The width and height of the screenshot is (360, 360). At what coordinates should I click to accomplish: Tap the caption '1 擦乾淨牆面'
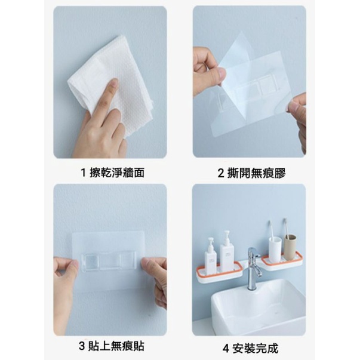click(x=112, y=173)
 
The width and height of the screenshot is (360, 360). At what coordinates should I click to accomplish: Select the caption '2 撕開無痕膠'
click(x=251, y=173)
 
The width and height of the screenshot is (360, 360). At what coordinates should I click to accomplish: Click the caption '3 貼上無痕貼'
click(x=112, y=346)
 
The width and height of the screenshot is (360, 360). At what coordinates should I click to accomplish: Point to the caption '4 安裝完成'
click(x=250, y=348)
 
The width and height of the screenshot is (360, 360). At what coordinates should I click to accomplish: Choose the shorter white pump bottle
click(x=211, y=256)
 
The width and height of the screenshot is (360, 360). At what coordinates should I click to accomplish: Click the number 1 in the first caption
click(x=83, y=173)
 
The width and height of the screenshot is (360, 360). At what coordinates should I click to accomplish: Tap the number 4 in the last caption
click(x=226, y=349)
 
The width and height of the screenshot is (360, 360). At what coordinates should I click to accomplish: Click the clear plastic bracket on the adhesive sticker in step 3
click(x=109, y=261)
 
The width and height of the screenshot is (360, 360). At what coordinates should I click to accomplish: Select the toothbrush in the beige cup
click(x=286, y=227)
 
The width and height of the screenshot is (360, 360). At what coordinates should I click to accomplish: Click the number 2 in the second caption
click(x=221, y=173)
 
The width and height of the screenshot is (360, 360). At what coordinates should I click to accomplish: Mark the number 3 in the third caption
click(x=82, y=346)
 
